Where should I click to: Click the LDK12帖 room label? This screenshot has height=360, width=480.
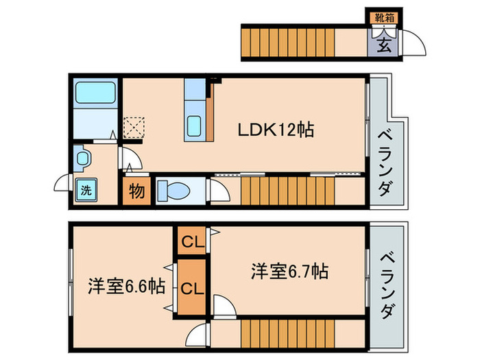point(276,130)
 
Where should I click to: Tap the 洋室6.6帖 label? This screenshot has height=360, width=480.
point(125,285)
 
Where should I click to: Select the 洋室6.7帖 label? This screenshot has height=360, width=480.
point(288,272)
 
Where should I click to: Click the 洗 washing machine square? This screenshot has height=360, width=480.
point(86,189)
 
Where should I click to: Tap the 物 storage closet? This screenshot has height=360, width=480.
point(137,191)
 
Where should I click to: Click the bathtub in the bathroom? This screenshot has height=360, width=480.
point(95,93)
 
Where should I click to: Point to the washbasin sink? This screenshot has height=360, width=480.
point(84,158)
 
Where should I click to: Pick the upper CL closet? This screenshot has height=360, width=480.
point(191,241)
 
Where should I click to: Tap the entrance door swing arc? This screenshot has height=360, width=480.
point(413,43)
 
